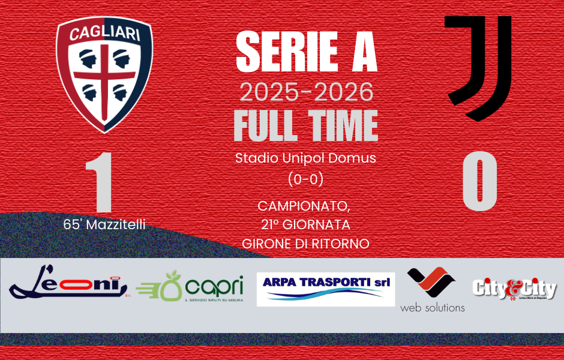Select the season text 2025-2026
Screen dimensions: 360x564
click(x=306, y=92)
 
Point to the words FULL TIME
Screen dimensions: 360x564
click(x=306, y=126)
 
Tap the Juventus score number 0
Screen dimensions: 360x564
click(x=479, y=181)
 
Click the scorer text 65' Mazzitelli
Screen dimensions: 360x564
click(x=104, y=225)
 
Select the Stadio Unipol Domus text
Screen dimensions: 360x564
click(x=306, y=159)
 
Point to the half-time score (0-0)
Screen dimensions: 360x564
click(x=306, y=179)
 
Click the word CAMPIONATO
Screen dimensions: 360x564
click(x=304, y=206)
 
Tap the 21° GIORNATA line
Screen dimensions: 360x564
click(x=306, y=225)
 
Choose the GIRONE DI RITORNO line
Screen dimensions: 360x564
click(x=306, y=244)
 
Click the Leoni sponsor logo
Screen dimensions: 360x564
click(x=69, y=286)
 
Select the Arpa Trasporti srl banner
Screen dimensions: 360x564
click(x=326, y=289)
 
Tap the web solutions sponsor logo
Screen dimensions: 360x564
click(x=432, y=289)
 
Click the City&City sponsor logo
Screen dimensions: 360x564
click(x=514, y=289)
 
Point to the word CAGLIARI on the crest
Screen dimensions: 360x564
click(x=104, y=33)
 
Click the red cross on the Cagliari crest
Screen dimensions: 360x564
click(x=104, y=78)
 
